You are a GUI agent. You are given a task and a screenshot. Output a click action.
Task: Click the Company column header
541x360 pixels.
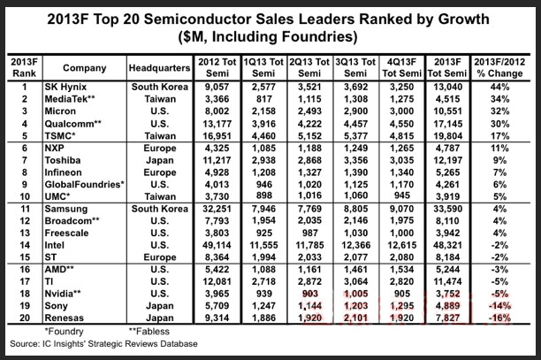pos(85,67)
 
